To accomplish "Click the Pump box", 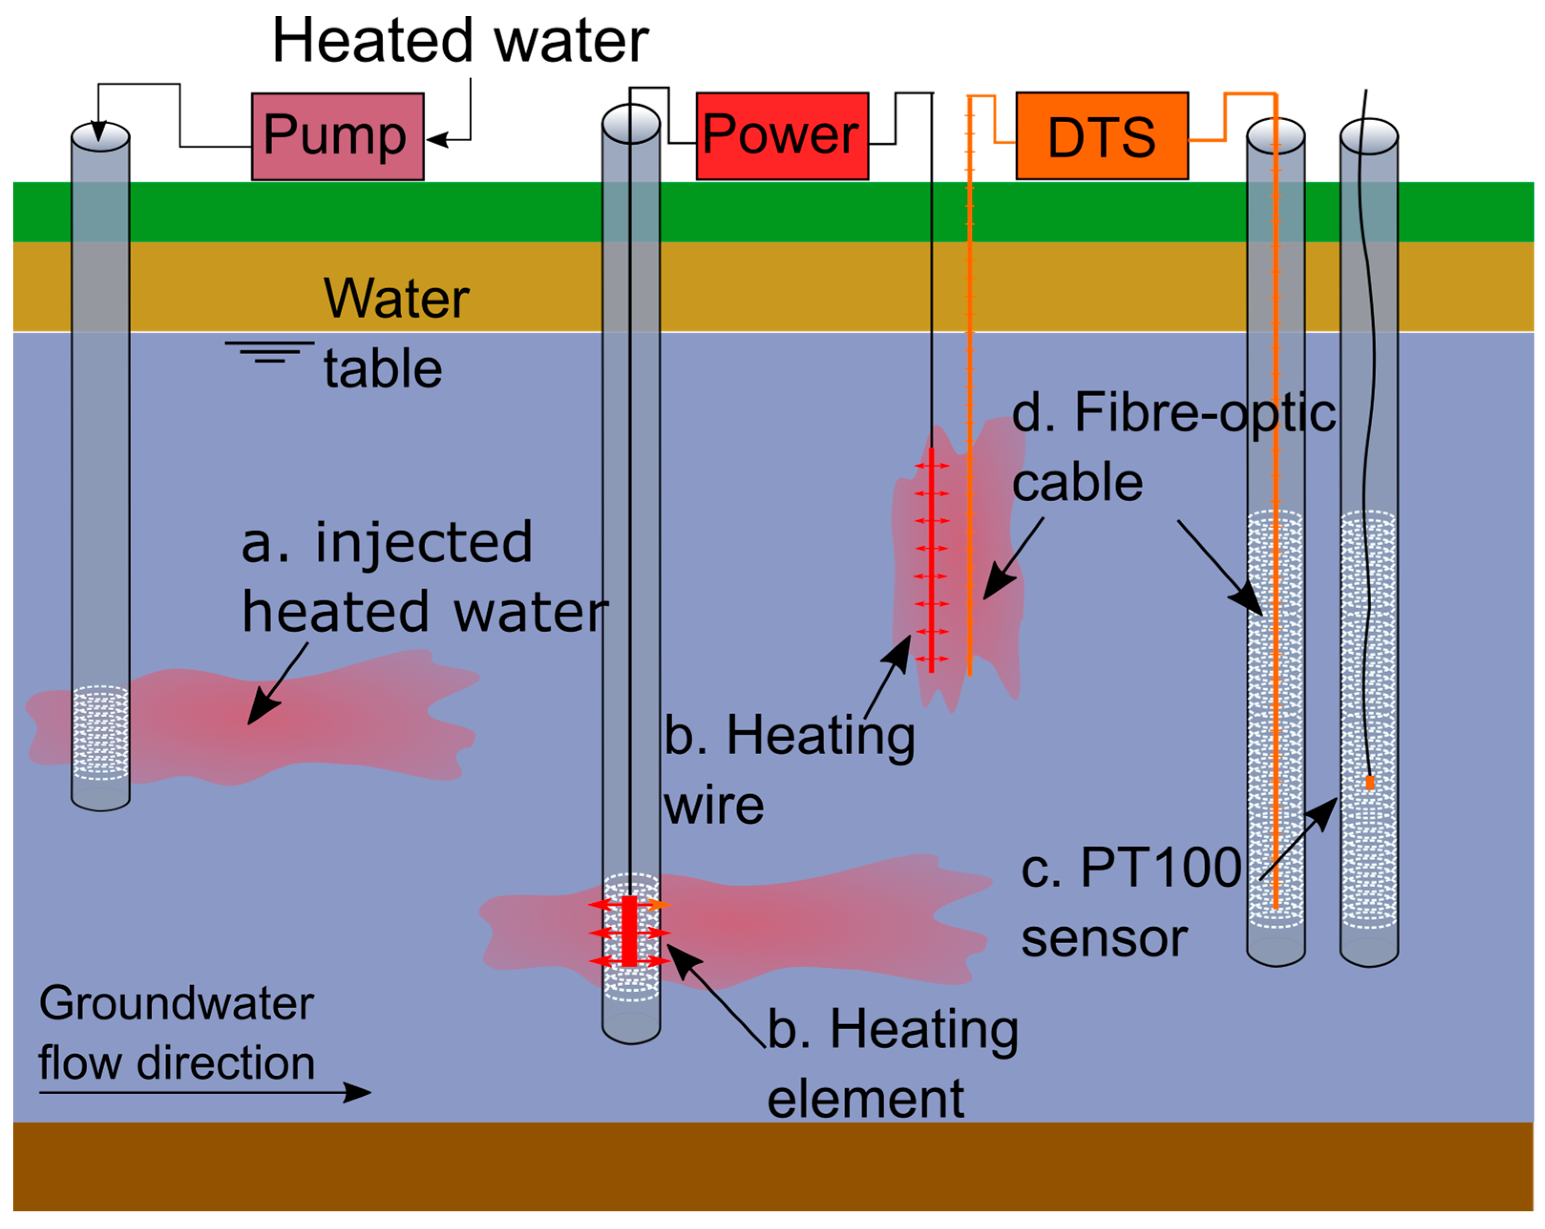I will tap(337, 136).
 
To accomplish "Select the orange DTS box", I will tap(1102, 136).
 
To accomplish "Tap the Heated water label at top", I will tap(460, 41).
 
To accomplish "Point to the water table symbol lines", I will tap(270, 351).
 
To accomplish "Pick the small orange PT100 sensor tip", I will tap(1369, 783).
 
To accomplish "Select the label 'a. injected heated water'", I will tap(423, 577).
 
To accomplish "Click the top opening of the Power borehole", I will tap(631, 123).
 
